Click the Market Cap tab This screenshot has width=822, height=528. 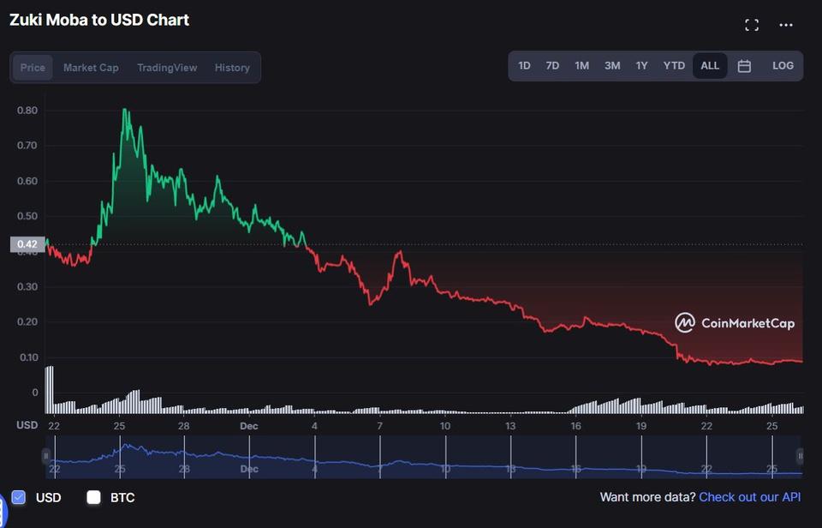91,68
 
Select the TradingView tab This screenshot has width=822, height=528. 167,68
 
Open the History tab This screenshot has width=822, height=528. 232,68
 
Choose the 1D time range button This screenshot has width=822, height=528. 524,66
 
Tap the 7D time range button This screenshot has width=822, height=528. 552,66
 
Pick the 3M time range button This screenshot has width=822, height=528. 612,66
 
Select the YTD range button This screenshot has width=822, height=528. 674,66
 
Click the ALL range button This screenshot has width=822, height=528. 710,66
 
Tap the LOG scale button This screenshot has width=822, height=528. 783,66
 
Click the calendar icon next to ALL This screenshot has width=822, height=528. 744,66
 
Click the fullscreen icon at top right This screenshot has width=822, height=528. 752,25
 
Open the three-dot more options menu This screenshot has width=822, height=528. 786,25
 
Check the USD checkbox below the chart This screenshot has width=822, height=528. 19,497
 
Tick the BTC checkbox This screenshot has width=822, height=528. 94,497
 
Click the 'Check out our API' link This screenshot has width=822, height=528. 750,497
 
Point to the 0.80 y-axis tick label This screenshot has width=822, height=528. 27,110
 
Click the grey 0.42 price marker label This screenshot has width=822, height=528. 27,244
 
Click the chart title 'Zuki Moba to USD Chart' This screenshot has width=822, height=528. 99,20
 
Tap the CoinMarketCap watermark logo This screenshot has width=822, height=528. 735,323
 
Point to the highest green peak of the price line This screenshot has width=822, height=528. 125,110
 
